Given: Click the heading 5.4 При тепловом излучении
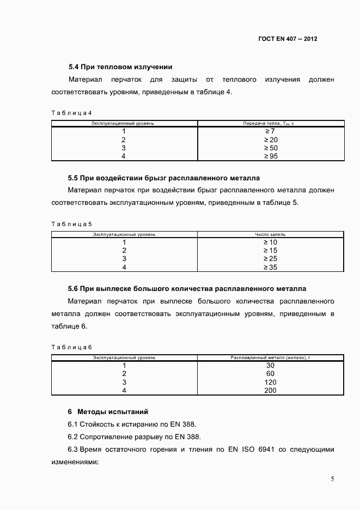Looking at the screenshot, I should tap(120, 67).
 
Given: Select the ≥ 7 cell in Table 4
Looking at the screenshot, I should tap(271, 131).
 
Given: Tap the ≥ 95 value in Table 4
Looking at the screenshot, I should tap(271, 156).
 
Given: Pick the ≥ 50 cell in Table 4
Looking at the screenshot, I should tap(271, 148).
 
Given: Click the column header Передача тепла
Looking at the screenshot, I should tap(269, 124).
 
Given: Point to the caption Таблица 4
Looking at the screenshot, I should tap(71, 113).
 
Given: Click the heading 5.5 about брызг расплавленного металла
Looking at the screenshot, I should tap(163, 178).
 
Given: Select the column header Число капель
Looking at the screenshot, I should tap(271, 234).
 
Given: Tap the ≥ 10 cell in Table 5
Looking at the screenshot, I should tap(271, 242).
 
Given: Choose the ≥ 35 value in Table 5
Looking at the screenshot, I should tap(271, 267).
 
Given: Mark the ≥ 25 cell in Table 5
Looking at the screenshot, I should tap(271, 259).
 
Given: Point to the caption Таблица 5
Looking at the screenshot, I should tap(71, 224).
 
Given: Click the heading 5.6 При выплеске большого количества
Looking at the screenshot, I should tap(187, 289).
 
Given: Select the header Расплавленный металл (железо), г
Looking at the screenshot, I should tap(270, 357).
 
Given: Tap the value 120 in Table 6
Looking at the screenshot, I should tap(270, 382).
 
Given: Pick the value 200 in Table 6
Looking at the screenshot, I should tap(270, 390).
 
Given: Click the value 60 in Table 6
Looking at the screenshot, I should tap(270, 374).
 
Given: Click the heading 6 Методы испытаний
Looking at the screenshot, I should tap(108, 411).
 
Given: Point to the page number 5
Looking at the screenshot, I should tap(332, 479).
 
